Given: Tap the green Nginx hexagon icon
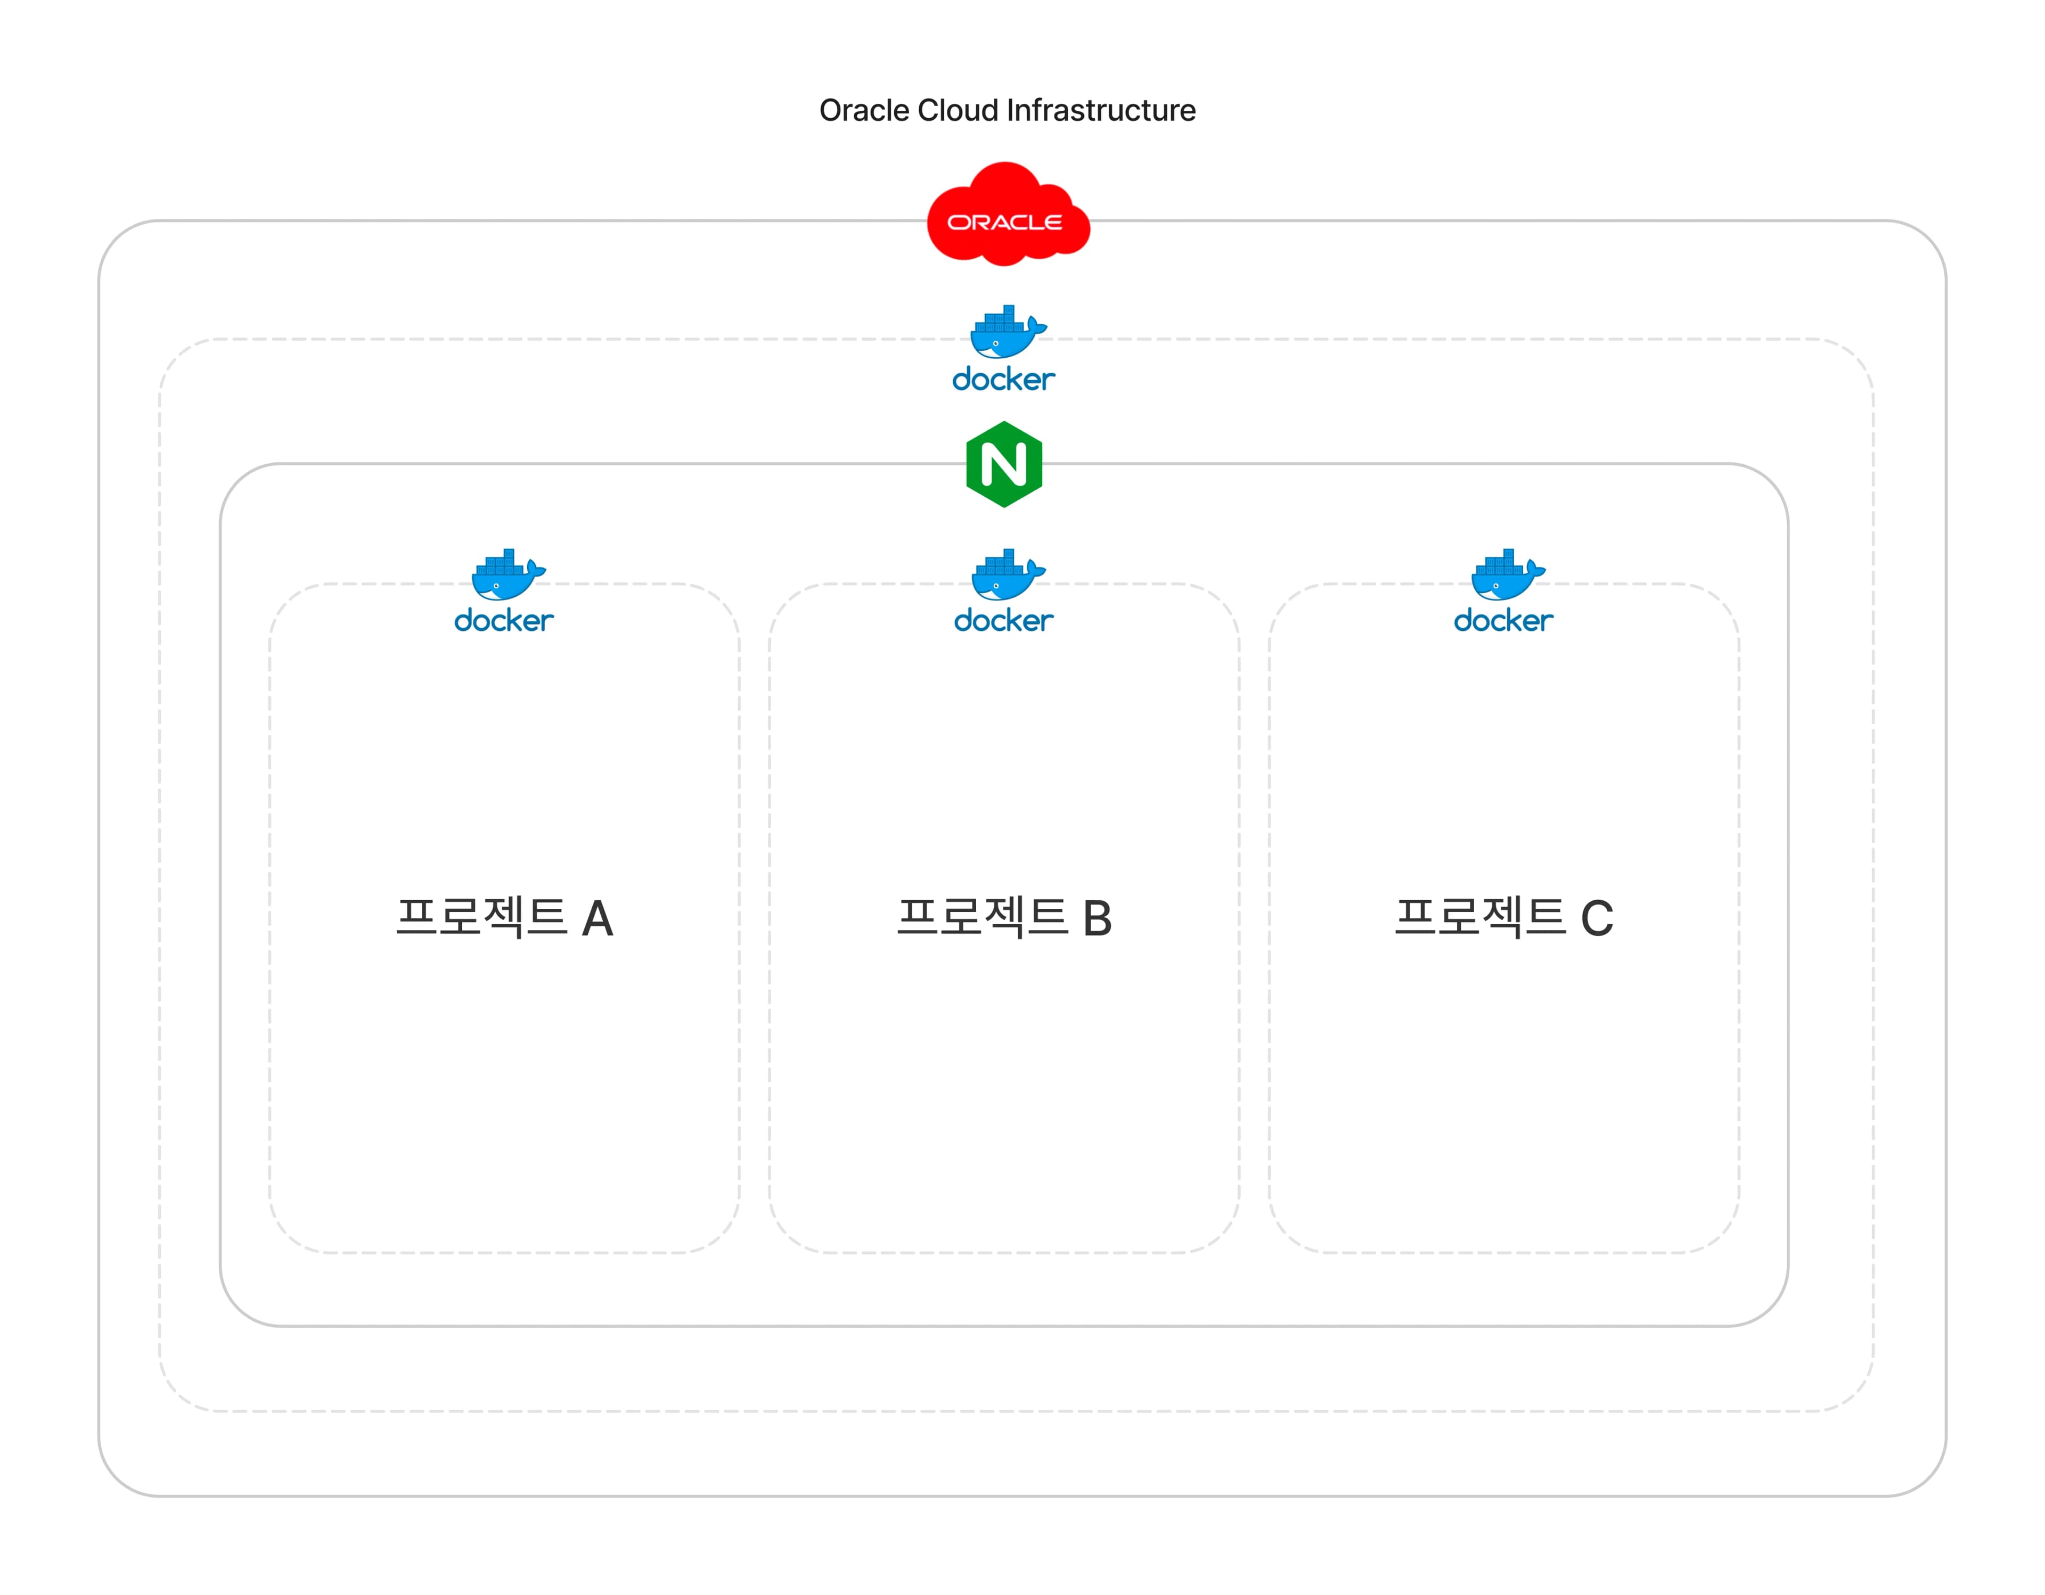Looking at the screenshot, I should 1004,464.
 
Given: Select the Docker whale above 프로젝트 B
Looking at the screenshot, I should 1007,575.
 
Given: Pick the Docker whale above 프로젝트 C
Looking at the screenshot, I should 1507,575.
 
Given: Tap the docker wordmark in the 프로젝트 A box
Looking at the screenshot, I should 504,621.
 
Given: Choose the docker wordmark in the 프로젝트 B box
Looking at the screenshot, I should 1004,621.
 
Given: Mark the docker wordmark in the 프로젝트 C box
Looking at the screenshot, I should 1503,621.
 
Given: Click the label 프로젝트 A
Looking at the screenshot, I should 504,917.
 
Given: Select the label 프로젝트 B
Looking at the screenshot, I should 1004,917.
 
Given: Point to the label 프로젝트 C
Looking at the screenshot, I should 1503,917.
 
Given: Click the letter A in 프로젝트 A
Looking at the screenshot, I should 598,919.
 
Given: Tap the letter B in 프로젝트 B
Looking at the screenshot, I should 1098,919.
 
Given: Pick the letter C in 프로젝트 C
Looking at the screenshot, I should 1598,919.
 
